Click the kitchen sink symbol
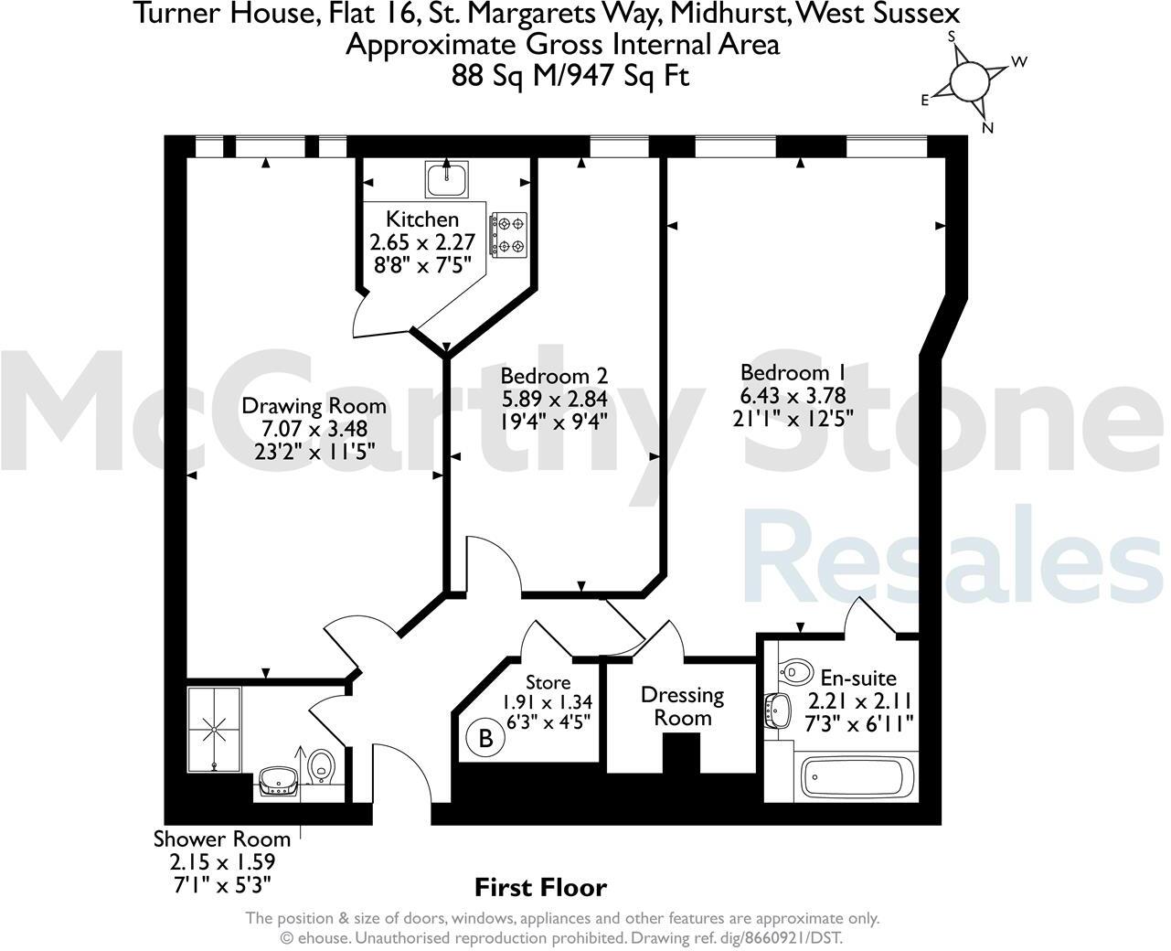446,177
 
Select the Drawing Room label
313,406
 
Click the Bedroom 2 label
554,376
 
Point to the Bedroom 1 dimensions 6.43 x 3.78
793,396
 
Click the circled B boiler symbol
485,738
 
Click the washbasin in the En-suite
778,710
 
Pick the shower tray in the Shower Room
216,727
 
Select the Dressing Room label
682,706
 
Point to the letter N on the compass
987,128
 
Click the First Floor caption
540,887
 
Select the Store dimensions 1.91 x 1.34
547,702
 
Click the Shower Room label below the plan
221,839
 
